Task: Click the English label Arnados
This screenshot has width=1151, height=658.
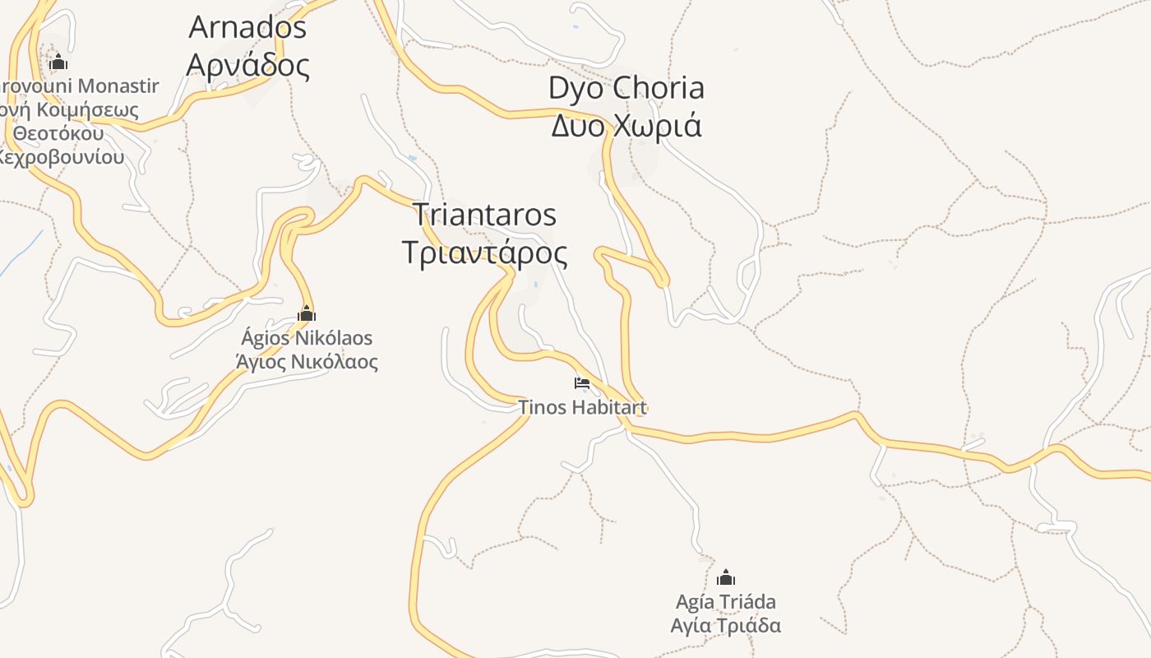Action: tap(247, 27)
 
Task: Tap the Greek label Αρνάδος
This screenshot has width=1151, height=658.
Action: tap(247, 64)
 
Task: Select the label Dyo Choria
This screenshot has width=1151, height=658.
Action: tap(626, 88)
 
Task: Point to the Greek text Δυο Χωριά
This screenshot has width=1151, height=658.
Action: tap(626, 126)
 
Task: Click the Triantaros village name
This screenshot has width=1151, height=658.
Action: tap(484, 215)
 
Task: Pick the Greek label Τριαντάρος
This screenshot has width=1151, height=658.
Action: tap(484, 253)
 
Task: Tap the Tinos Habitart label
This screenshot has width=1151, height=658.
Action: tap(583, 407)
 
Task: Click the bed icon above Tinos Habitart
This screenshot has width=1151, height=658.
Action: tap(582, 383)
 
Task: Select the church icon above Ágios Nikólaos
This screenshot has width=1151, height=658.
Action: tap(307, 313)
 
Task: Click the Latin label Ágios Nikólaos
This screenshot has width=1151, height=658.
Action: tap(307, 338)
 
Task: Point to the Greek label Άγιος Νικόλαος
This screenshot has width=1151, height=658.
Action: tap(307, 361)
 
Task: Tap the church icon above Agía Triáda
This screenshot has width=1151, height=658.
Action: tap(725, 577)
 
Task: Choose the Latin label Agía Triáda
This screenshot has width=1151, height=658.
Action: tap(725, 601)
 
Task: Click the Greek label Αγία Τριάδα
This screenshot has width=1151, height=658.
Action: tap(725, 625)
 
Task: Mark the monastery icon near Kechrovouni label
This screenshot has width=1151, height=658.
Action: tap(58, 62)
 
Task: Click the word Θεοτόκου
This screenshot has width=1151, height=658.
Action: tap(58, 133)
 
